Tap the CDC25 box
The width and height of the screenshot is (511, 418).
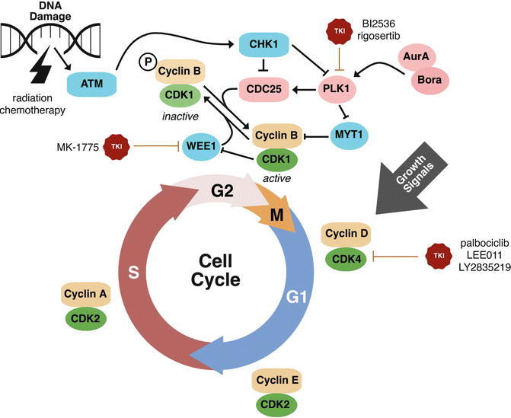coord(263,88)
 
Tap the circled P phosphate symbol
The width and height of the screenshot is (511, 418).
coord(145,65)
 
